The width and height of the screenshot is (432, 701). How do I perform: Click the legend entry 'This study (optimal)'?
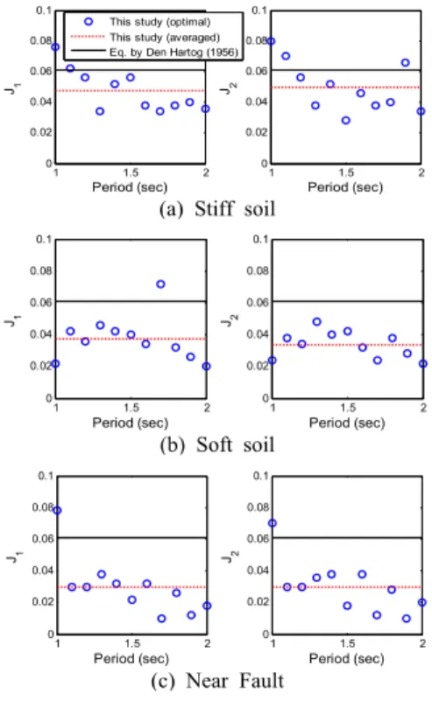[x=147, y=22]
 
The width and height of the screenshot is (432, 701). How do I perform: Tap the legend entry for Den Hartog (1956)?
[x=154, y=52]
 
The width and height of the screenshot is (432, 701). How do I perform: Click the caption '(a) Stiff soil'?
[x=217, y=209]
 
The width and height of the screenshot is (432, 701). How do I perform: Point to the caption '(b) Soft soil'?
[x=217, y=445]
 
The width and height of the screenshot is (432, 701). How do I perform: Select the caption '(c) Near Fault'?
[x=217, y=681]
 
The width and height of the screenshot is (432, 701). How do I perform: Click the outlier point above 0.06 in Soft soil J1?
[x=160, y=284]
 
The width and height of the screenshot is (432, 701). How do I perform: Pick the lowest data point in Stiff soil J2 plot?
[x=345, y=120]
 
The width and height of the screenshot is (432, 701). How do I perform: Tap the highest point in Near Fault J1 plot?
[x=57, y=510]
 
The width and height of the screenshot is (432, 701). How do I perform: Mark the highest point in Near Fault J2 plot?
[x=273, y=522]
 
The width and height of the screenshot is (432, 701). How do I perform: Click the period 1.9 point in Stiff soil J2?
[x=405, y=63]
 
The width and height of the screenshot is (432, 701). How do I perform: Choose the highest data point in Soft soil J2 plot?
[x=317, y=321]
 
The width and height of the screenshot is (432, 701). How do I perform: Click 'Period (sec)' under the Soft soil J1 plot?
[x=131, y=423]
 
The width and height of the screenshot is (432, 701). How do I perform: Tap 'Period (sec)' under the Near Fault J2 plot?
[x=346, y=658]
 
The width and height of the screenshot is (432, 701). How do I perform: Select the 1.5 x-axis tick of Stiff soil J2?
[x=346, y=172]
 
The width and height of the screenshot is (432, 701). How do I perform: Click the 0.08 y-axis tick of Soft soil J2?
[x=258, y=270]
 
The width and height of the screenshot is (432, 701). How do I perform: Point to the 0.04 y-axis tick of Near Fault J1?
[x=43, y=570]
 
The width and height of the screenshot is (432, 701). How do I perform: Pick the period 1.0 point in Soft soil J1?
[x=55, y=363]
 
